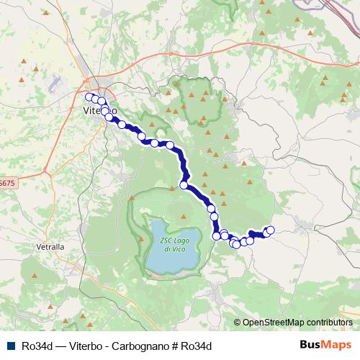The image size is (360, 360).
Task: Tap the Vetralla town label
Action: [x=50, y=246]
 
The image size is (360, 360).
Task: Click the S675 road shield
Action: [x=6, y=184]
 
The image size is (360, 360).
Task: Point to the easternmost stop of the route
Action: [x=271, y=230]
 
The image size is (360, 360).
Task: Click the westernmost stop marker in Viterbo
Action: [x=89, y=97]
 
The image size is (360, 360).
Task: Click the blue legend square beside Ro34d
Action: [x=9, y=345]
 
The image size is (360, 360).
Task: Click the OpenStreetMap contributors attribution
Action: [x=297, y=323]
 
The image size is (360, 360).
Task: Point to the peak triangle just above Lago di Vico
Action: [x=132, y=197]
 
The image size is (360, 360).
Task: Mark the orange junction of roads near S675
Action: [x=45, y=172]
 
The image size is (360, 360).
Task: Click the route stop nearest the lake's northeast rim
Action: [x=184, y=185]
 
